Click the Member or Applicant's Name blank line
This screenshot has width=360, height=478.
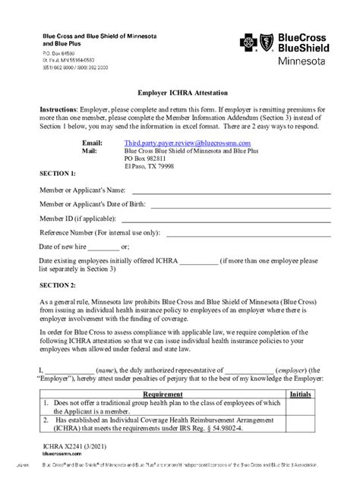232,190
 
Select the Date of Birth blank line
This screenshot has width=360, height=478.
241,205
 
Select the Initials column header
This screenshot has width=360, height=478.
300,395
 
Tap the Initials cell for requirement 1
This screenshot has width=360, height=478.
300,407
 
